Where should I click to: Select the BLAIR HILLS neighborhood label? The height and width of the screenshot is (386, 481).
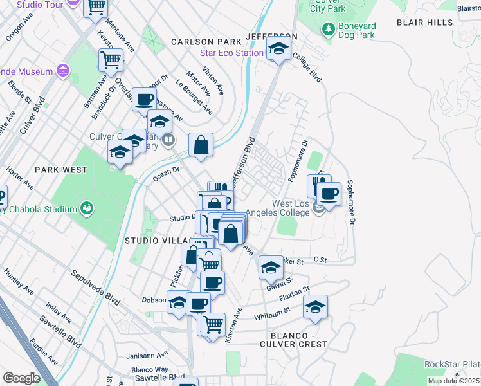(424, 22)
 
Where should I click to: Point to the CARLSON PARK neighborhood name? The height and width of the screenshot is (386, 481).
(201, 41)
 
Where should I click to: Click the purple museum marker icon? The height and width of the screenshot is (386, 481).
(62, 69)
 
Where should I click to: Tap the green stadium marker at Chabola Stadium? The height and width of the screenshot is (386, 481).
(86, 208)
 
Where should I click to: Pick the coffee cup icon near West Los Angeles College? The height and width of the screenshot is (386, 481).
(329, 194)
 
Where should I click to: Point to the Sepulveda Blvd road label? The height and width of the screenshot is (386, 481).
(96, 288)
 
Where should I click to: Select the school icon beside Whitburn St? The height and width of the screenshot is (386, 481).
(315, 308)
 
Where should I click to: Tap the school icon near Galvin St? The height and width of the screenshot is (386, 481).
(271, 267)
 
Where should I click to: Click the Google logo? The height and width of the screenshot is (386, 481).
(21, 378)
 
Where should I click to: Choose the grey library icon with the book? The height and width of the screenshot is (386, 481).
(168, 139)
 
